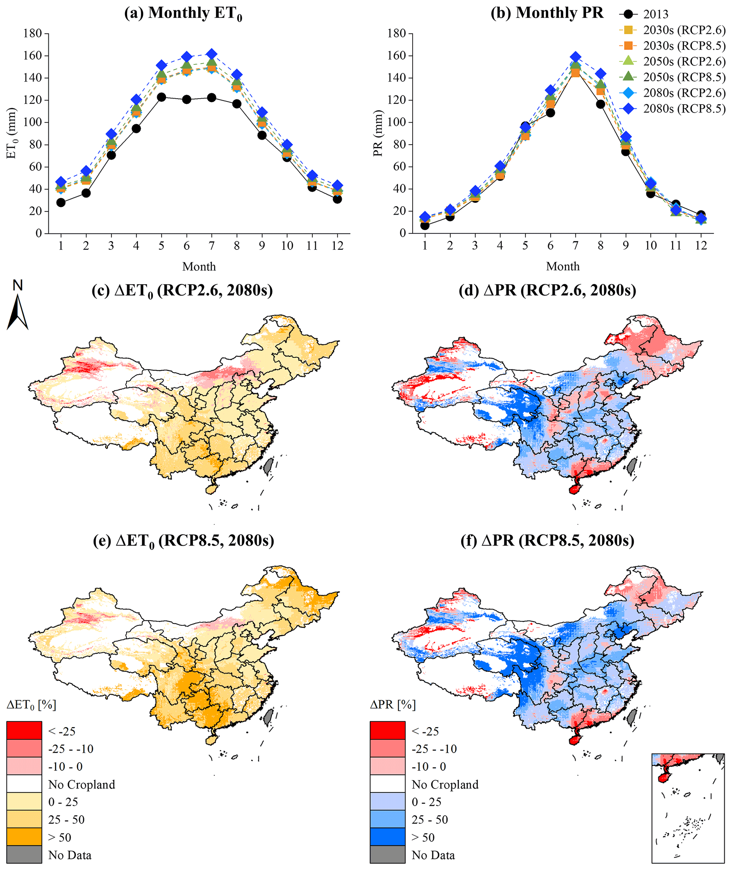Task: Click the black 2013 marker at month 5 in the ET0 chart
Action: point(161,97)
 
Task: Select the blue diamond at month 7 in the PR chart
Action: point(575,57)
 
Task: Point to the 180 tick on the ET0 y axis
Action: point(33,33)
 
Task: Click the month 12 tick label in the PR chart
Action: point(701,246)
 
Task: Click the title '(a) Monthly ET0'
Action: point(183,13)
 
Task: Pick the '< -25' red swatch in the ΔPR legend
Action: point(387,730)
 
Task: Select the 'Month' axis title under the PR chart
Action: point(562,266)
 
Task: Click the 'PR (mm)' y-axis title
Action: point(378,133)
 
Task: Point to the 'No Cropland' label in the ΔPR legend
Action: point(445,784)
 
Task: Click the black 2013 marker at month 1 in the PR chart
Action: point(425,225)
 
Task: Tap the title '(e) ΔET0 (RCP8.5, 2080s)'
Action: point(183,541)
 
